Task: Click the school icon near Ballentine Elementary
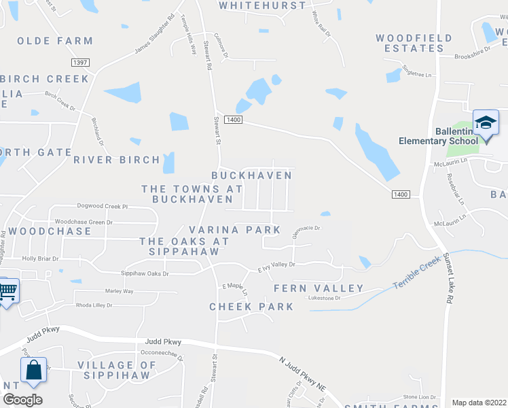486,123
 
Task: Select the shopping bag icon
33,371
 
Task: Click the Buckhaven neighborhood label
251,175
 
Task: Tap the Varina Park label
234,231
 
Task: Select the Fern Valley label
319,289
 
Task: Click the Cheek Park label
251,307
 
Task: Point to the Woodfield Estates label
410,44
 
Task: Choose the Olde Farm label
54,41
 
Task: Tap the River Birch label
117,160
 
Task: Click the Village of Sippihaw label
117,371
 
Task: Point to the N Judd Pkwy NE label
303,373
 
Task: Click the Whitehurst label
262,5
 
